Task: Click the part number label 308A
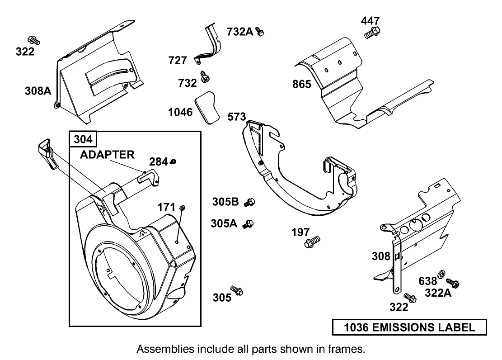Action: pos(38,91)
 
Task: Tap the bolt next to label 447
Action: pos(372,32)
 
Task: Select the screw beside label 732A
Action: pos(260,31)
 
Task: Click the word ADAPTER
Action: pos(107,155)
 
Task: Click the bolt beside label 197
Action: pos(312,241)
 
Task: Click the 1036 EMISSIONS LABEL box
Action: pos(410,327)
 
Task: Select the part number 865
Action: pos(301,84)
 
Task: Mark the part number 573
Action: pos(236,117)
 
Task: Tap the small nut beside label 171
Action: pos(183,207)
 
